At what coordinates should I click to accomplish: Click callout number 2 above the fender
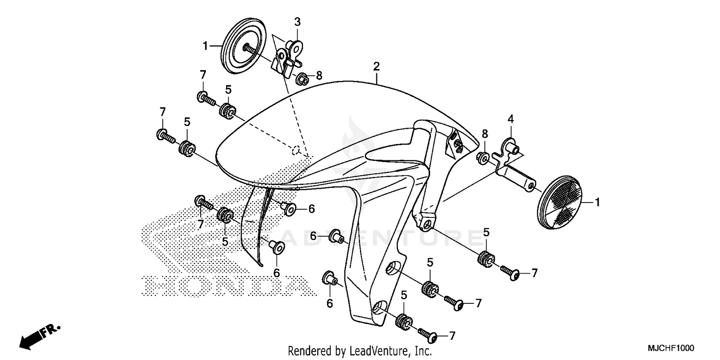point(376,66)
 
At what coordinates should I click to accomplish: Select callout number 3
point(297,22)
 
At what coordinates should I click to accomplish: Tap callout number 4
point(510,118)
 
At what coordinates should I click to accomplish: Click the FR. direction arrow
point(38,335)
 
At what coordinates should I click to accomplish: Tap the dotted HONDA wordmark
point(226,286)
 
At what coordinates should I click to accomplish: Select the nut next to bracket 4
point(483,157)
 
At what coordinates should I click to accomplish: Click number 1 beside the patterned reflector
point(597,203)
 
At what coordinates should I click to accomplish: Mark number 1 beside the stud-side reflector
point(205,46)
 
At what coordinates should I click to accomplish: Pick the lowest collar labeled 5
point(402,321)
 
